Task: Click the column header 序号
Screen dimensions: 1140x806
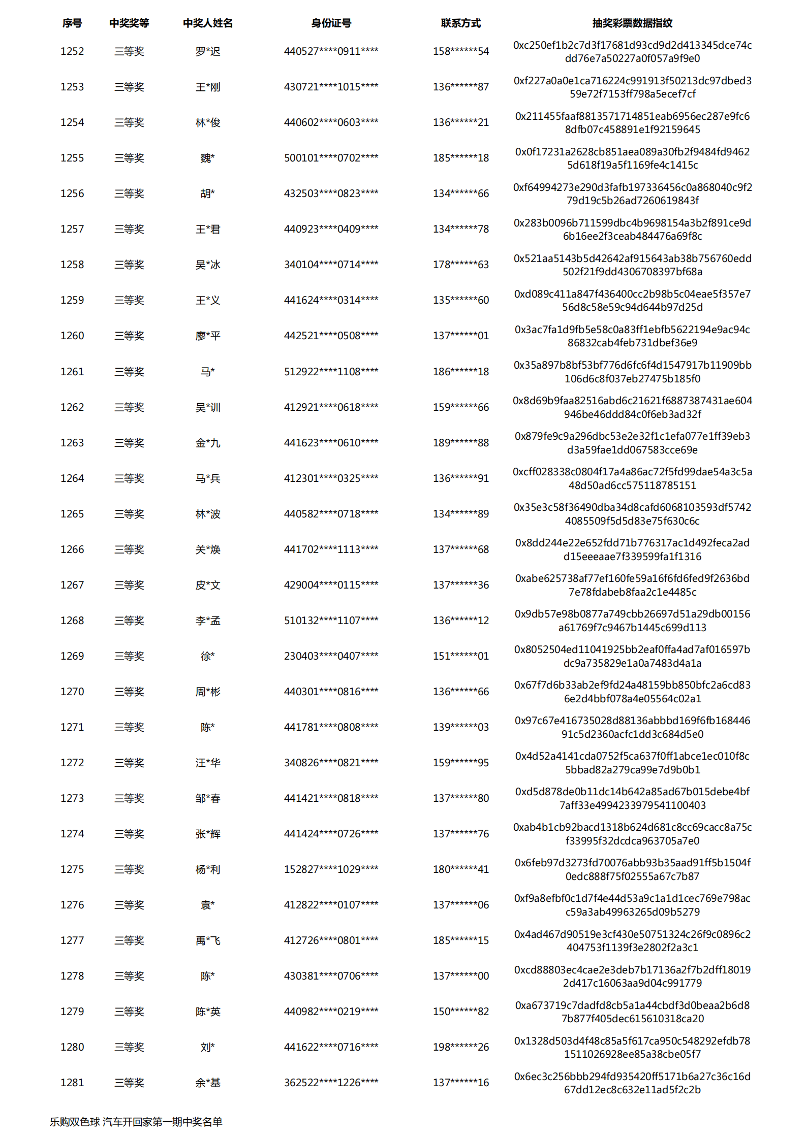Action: point(72,23)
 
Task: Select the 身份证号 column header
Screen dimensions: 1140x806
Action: point(331,23)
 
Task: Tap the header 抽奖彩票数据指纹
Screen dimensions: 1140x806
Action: point(632,23)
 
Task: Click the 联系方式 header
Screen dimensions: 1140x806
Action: point(460,23)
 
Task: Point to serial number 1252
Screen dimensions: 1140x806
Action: point(72,51)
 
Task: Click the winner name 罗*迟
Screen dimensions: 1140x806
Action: point(208,51)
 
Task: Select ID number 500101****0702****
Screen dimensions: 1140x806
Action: point(331,158)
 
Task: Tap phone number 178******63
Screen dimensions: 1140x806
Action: point(460,265)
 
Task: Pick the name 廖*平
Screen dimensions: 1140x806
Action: point(208,336)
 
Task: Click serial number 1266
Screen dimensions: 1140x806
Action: point(72,549)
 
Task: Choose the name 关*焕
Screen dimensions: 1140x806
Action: point(208,549)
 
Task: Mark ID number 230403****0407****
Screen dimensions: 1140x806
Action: point(331,656)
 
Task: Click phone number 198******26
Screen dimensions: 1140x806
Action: point(460,1047)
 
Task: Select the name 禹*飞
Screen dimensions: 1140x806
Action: point(208,940)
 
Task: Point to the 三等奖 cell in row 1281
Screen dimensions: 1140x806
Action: point(129,1083)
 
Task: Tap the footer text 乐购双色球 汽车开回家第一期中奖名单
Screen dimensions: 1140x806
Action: point(136,1122)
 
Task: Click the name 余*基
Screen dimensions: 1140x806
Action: point(208,1083)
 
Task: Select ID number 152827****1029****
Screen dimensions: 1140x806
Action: point(331,869)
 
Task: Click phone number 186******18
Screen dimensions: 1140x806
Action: point(460,372)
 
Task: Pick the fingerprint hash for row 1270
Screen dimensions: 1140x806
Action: point(632,692)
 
